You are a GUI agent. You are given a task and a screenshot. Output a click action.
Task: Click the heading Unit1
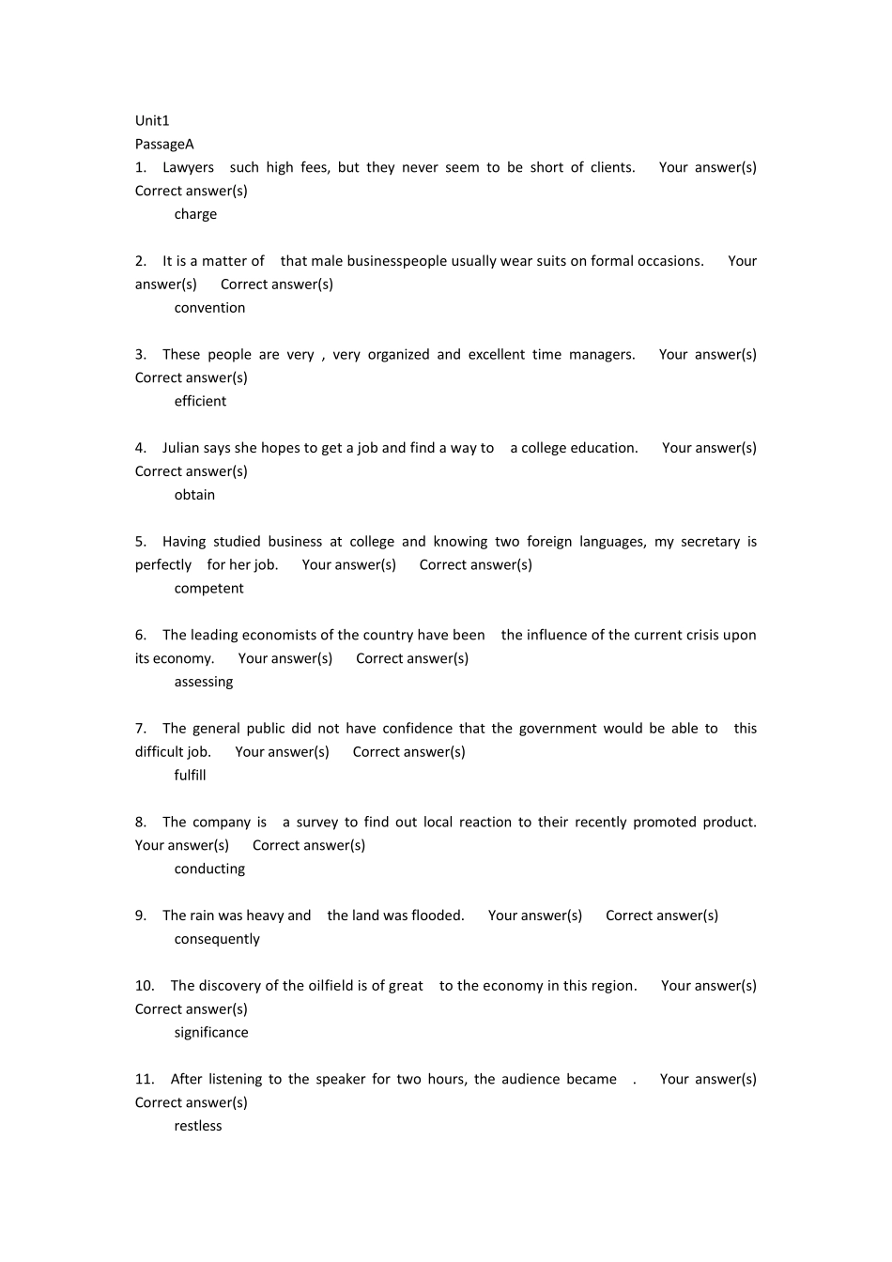152,120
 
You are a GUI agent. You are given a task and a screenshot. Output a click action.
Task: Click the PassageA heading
164,144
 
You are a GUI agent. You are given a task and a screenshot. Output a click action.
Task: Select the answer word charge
195,214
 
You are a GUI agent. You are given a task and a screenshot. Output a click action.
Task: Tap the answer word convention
209,308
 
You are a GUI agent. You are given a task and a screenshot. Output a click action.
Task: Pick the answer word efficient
200,401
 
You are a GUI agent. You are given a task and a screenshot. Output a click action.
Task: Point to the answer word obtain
194,495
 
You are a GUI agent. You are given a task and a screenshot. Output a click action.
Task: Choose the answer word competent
208,589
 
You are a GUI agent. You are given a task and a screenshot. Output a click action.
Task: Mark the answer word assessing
203,682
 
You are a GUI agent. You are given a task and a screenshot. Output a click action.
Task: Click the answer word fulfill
190,776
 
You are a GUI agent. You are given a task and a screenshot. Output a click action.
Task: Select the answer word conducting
209,869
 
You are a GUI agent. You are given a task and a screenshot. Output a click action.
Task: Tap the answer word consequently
217,939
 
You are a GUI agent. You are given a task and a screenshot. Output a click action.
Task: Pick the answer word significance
211,1033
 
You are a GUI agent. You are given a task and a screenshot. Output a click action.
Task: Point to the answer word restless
198,1126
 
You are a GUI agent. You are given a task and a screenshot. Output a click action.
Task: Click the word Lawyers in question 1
188,167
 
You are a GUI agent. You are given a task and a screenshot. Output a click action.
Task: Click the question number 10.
145,986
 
